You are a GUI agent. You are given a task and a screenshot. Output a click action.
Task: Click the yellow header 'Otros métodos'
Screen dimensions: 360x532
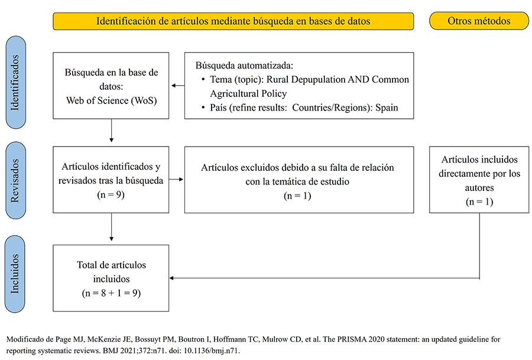(x=479, y=21)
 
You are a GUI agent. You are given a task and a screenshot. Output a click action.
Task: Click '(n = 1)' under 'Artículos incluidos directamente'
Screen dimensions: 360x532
(x=479, y=202)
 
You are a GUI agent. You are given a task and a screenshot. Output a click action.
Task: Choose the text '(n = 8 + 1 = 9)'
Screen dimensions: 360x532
(x=112, y=293)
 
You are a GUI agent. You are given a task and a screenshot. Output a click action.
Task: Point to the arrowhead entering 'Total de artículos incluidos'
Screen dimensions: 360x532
(x=174, y=278)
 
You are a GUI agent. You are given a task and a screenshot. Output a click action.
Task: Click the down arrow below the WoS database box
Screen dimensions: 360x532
(x=112, y=133)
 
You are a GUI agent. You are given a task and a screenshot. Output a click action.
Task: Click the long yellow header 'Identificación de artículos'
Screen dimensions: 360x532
(x=233, y=21)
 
